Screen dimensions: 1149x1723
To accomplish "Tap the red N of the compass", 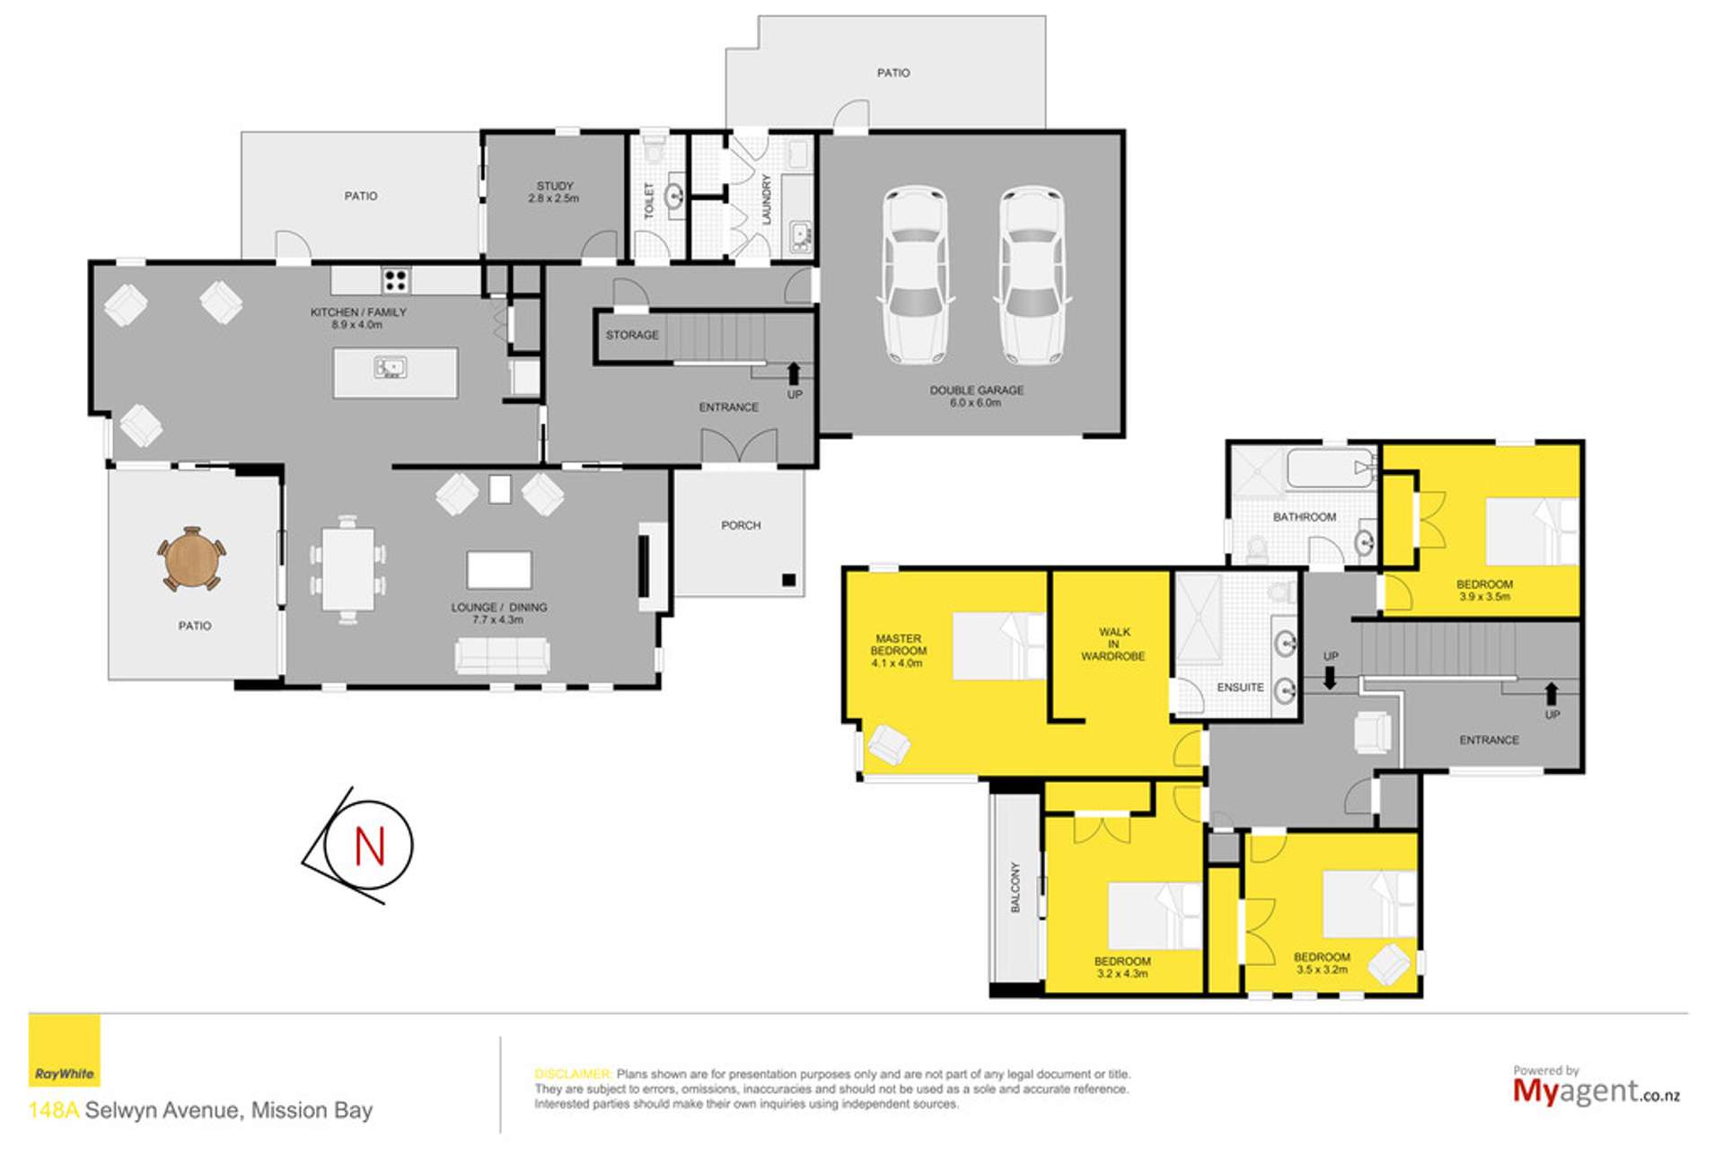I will pyautogui.click(x=369, y=846).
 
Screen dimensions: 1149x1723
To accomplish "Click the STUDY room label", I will pyautogui.click(x=554, y=186).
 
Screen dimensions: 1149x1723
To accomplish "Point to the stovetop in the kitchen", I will pyautogui.click(x=396, y=280).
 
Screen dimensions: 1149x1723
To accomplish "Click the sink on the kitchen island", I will pyautogui.click(x=391, y=367).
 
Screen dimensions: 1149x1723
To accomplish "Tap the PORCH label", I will pyautogui.click(x=741, y=525).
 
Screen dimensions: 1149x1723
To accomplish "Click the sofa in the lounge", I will pyautogui.click(x=502, y=655).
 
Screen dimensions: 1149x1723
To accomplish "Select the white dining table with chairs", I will pyautogui.click(x=347, y=569).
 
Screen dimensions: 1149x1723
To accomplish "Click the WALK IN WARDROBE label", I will pyautogui.click(x=1113, y=644).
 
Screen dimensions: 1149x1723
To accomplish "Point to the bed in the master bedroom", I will pyautogui.click(x=998, y=645).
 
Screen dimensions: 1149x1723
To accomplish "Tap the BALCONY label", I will pyautogui.click(x=1015, y=888).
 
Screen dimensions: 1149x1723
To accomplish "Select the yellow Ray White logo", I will pyautogui.click(x=64, y=1050).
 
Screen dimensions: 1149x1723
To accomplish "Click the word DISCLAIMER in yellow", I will pyautogui.click(x=573, y=1074).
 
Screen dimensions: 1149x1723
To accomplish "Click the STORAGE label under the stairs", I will pyautogui.click(x=632, y=335).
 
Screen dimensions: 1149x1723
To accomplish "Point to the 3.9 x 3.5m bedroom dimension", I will pyautogui.click(x=1484, y=596).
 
